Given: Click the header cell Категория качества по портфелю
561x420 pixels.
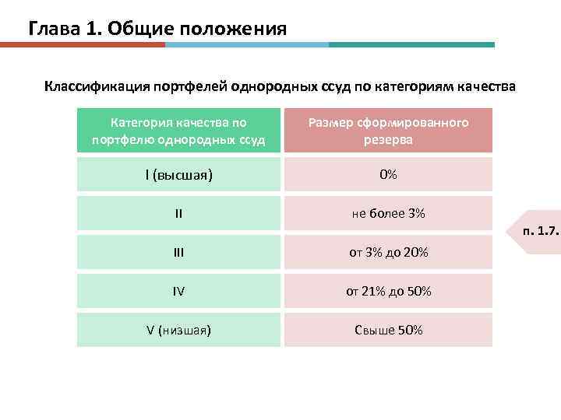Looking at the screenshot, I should point(178,131).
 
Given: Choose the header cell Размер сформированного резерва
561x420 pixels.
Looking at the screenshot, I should point(388,131).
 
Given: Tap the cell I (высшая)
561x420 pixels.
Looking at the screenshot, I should point(178,174).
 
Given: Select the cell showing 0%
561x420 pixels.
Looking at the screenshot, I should point(388,174).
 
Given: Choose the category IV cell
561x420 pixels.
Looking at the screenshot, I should point(178,292).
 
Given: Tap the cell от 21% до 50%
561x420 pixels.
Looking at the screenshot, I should point(388,292).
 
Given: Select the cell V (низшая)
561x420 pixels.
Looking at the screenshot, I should point(178,330).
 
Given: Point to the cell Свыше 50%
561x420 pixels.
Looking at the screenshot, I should point(388,330).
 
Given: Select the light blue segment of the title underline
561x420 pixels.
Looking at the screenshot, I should point(246,45).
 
